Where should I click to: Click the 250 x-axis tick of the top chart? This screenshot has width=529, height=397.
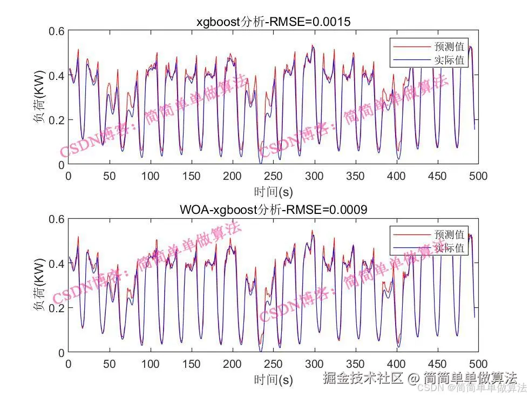pyautogui.click(x=273, y=176)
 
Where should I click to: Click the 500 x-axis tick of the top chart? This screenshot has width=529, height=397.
pyautogui.click(x=478, y=176)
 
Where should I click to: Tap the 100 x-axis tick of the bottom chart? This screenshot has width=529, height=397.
pyautogui.click(x=150, y=364)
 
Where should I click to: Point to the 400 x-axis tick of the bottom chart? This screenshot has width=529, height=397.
pyautogui.click(x=396, y=364)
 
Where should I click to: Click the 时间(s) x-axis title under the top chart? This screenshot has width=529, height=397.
pyautogui.click(x=273, y=191)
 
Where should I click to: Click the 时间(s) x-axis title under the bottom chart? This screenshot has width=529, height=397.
pyautogui.click(x=273, y=379)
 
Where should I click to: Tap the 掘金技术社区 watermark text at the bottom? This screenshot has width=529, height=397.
pyautogui.click(x=363, y=378)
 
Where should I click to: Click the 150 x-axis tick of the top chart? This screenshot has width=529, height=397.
pyautogui.click(x=191, y=176)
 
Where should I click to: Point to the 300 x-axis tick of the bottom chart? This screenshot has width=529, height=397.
pyautogui.click(x=314, y=364)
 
